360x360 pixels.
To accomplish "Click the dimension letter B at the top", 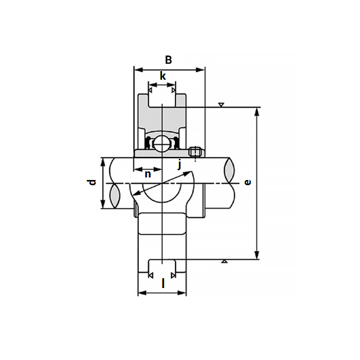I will (x=168, y=60).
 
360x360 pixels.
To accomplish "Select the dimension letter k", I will (x=163, y=76).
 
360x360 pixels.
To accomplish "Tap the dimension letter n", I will (x=148, y=174).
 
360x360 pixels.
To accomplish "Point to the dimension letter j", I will (x=179, y=165).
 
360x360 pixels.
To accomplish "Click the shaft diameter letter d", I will (x=92, y=183).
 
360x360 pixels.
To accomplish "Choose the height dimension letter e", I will (x=248, y=183).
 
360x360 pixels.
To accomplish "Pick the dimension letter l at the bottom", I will (x=163, y=283).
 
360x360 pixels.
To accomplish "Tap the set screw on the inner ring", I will (x=194, y=152).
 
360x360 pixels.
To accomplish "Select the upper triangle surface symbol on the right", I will (x=221, y=105).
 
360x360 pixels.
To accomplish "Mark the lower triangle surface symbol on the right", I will (x=224, y=262).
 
